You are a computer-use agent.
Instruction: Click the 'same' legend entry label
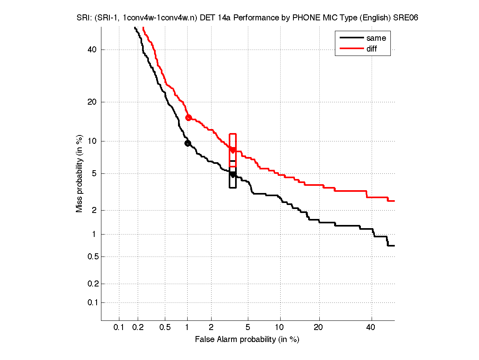pos(376,38)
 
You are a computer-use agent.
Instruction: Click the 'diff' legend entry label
pos(372,49)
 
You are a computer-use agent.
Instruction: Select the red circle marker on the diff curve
pos(189,117)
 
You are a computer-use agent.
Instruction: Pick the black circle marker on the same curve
pos(188,143)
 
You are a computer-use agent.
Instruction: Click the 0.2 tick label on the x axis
pos(138,328)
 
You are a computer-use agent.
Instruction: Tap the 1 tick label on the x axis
pos(188,328)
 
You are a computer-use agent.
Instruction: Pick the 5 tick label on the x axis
pos(248,328)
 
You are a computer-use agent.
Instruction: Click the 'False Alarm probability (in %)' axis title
pos(247,340)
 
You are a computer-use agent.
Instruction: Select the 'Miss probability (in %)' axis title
pos(80,173)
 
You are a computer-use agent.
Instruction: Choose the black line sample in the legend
pos(351,38)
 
